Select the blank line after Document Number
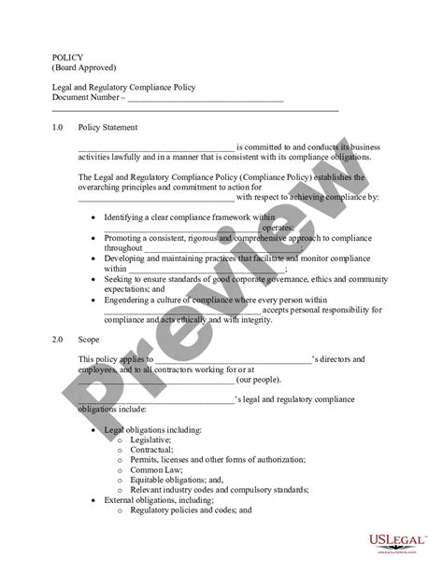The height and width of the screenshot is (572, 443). tap(205, 100)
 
